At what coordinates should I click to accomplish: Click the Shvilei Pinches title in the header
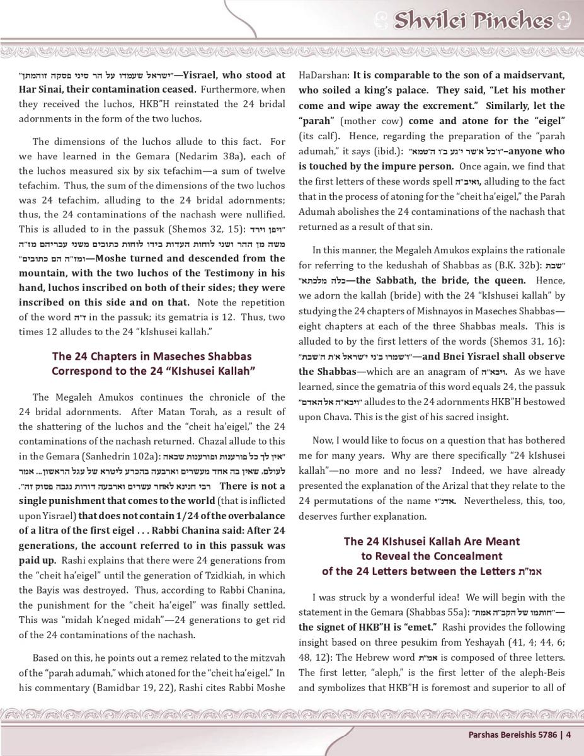(472, 21)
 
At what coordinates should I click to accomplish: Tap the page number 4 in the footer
(568, 734)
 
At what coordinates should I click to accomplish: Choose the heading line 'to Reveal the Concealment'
(432, 556)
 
